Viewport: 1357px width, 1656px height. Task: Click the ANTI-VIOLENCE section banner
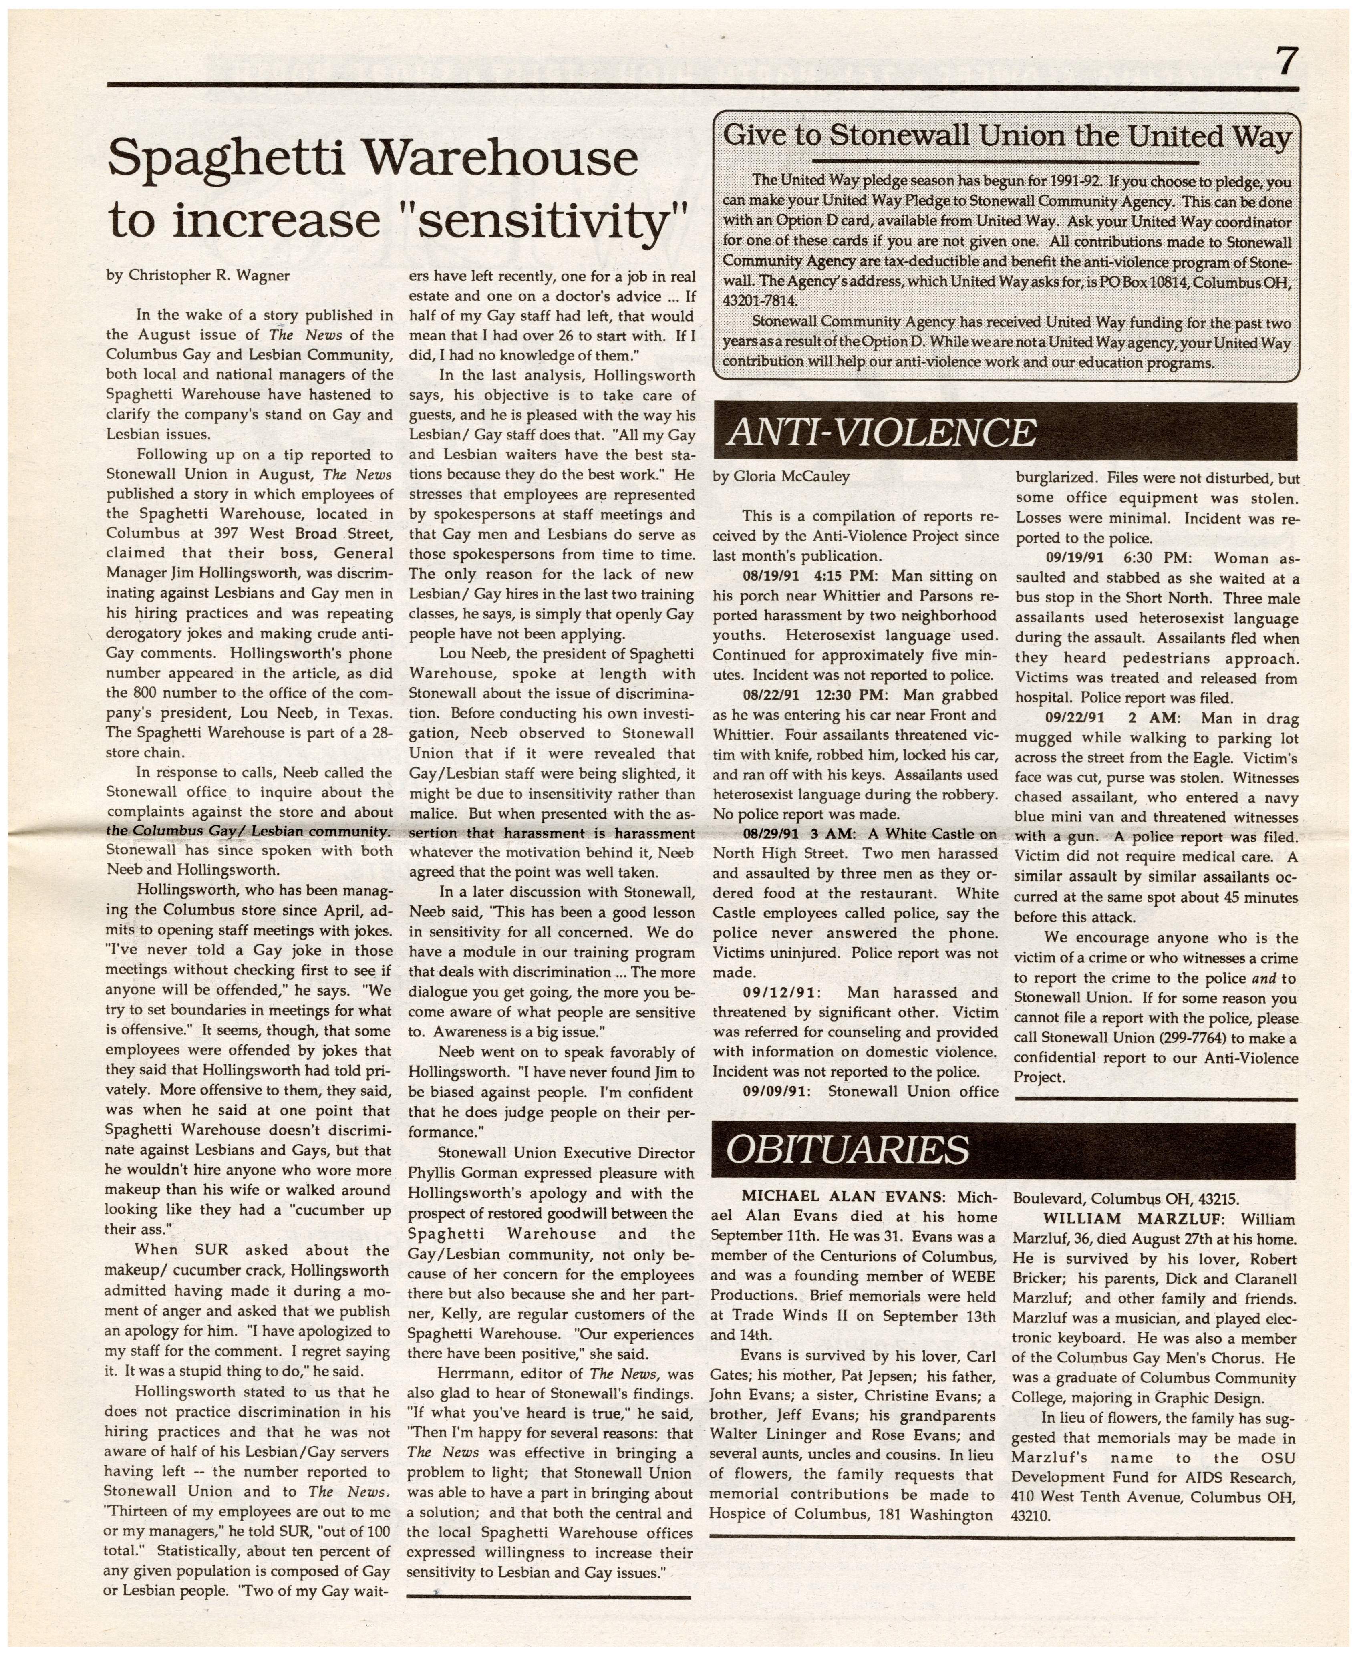[881, 432]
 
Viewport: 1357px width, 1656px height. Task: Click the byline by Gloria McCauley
[781, 476]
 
